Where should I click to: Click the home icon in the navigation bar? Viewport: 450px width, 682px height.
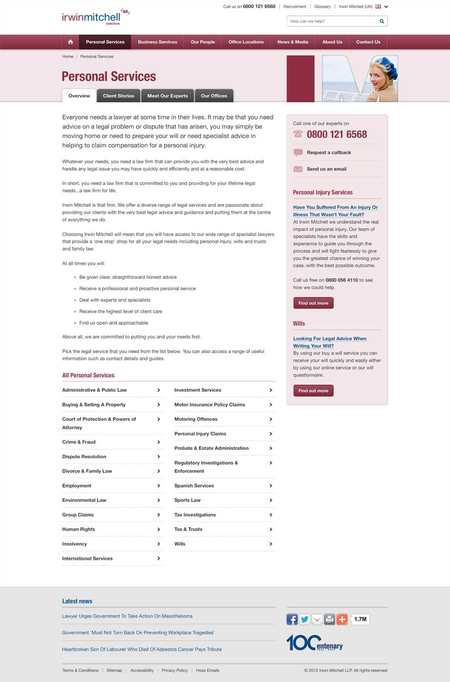(70, 42)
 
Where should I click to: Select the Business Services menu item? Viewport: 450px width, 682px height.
(157, 42)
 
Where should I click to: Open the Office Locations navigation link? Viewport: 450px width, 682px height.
(246, 42)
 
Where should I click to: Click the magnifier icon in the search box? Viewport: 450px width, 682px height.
(382, 21)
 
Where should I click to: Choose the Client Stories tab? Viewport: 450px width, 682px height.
(118, 96)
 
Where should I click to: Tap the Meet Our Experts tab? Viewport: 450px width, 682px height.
(168, 96)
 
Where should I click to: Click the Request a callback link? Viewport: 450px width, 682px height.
(329, 153)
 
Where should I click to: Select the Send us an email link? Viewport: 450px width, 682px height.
(326, 169)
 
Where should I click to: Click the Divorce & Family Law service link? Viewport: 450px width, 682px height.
(87, 471)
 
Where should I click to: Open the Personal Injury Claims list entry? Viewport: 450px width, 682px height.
(200, 434)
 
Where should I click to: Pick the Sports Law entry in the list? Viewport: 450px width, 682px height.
(187, 500)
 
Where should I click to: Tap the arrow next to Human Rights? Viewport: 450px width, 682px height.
(158, 529)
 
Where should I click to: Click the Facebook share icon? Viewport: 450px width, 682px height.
(292, 619)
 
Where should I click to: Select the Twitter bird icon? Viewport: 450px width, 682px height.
(305, 619)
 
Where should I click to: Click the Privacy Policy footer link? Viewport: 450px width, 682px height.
(175, 670)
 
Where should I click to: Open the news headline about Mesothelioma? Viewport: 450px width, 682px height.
(127, 616)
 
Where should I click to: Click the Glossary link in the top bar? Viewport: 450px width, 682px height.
(322, 7)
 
